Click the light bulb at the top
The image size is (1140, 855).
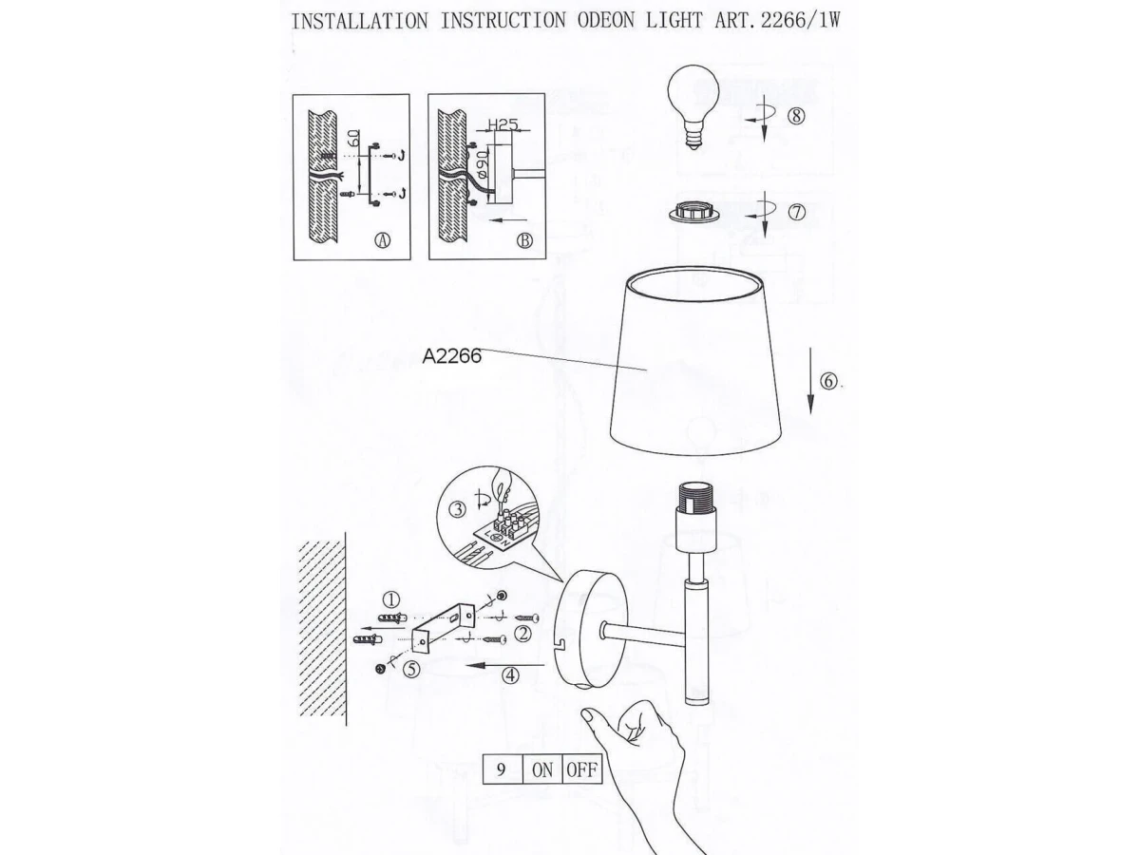tap(693, 106)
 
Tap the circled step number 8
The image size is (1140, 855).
tap(796, 115)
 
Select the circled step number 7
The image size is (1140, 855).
tap(797, 212)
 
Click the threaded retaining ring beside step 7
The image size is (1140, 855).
tap(693, 214)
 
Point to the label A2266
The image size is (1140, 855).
tap(452, 356)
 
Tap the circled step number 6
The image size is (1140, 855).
tap(829, 382)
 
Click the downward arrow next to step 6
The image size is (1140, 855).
tap(810, 381)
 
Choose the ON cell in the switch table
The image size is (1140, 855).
tap(542, 769)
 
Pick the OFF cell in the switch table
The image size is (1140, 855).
tap(581, 769)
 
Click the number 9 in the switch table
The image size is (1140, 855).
tap(502, 769)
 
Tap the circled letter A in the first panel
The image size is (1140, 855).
tap(383, 240)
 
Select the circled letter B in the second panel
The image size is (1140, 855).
tap(524, 241)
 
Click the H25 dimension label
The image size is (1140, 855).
tap(503, 124)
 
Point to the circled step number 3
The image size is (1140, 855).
tap(457, 510)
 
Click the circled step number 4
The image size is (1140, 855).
tap(510, 675)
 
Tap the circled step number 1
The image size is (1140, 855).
tap(391, 600)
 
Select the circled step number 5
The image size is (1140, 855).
tap(412, 669)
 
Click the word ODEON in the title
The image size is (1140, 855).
tap(605, 21)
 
